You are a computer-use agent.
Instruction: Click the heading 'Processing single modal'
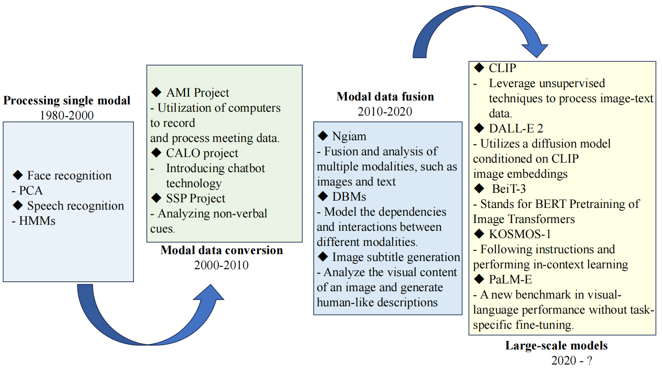(x=67, y=101)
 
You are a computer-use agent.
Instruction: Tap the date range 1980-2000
(x=67, y=115)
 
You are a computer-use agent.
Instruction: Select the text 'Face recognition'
(x=69, y=176)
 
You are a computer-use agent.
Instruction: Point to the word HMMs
(x=37, y=221)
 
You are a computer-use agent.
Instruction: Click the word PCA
(x=31, y=191)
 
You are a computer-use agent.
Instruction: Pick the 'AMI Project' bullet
(x=198, y=93)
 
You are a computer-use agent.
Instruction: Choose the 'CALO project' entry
(x=202, y=153)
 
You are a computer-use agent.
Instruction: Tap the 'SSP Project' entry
(x=195, y=198)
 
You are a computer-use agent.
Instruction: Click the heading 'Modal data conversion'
(x=222, y=250)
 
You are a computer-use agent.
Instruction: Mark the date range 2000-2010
(x=221, y=265)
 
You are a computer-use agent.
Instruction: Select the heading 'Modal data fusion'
(x=385, y=97)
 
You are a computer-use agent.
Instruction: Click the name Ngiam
(x=349, y=136)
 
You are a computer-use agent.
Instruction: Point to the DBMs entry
(x=349, y=197)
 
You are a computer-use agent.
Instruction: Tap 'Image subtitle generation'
(x=396, y=257)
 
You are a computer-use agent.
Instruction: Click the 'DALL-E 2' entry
(x=516, y=129)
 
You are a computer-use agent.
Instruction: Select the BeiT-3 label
(x=509, y=189)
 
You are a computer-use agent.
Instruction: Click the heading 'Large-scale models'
(x=556, y=346)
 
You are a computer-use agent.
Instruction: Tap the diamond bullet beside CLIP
(x=479, y=68)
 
